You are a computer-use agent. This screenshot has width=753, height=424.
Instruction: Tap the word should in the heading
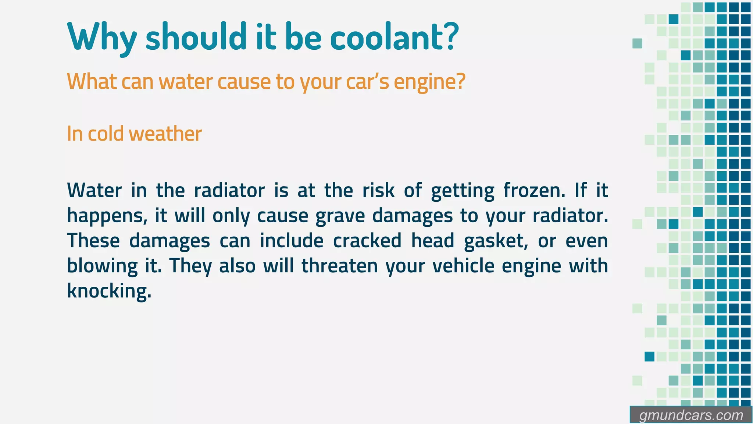click(x=196, y=37)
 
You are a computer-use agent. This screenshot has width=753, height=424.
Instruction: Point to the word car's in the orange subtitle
click(x=367, y=81)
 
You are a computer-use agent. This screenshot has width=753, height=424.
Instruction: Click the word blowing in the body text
click(x=102, y=266)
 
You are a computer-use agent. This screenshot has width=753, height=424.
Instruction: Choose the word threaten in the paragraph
click(x=340, y=266)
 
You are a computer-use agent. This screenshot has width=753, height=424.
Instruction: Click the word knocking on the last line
click(x=109, y=291)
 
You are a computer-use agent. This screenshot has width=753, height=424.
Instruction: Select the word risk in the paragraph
click(x=378, y=191)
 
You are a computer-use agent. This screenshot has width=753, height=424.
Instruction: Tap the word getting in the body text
click(x=463, y=191)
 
